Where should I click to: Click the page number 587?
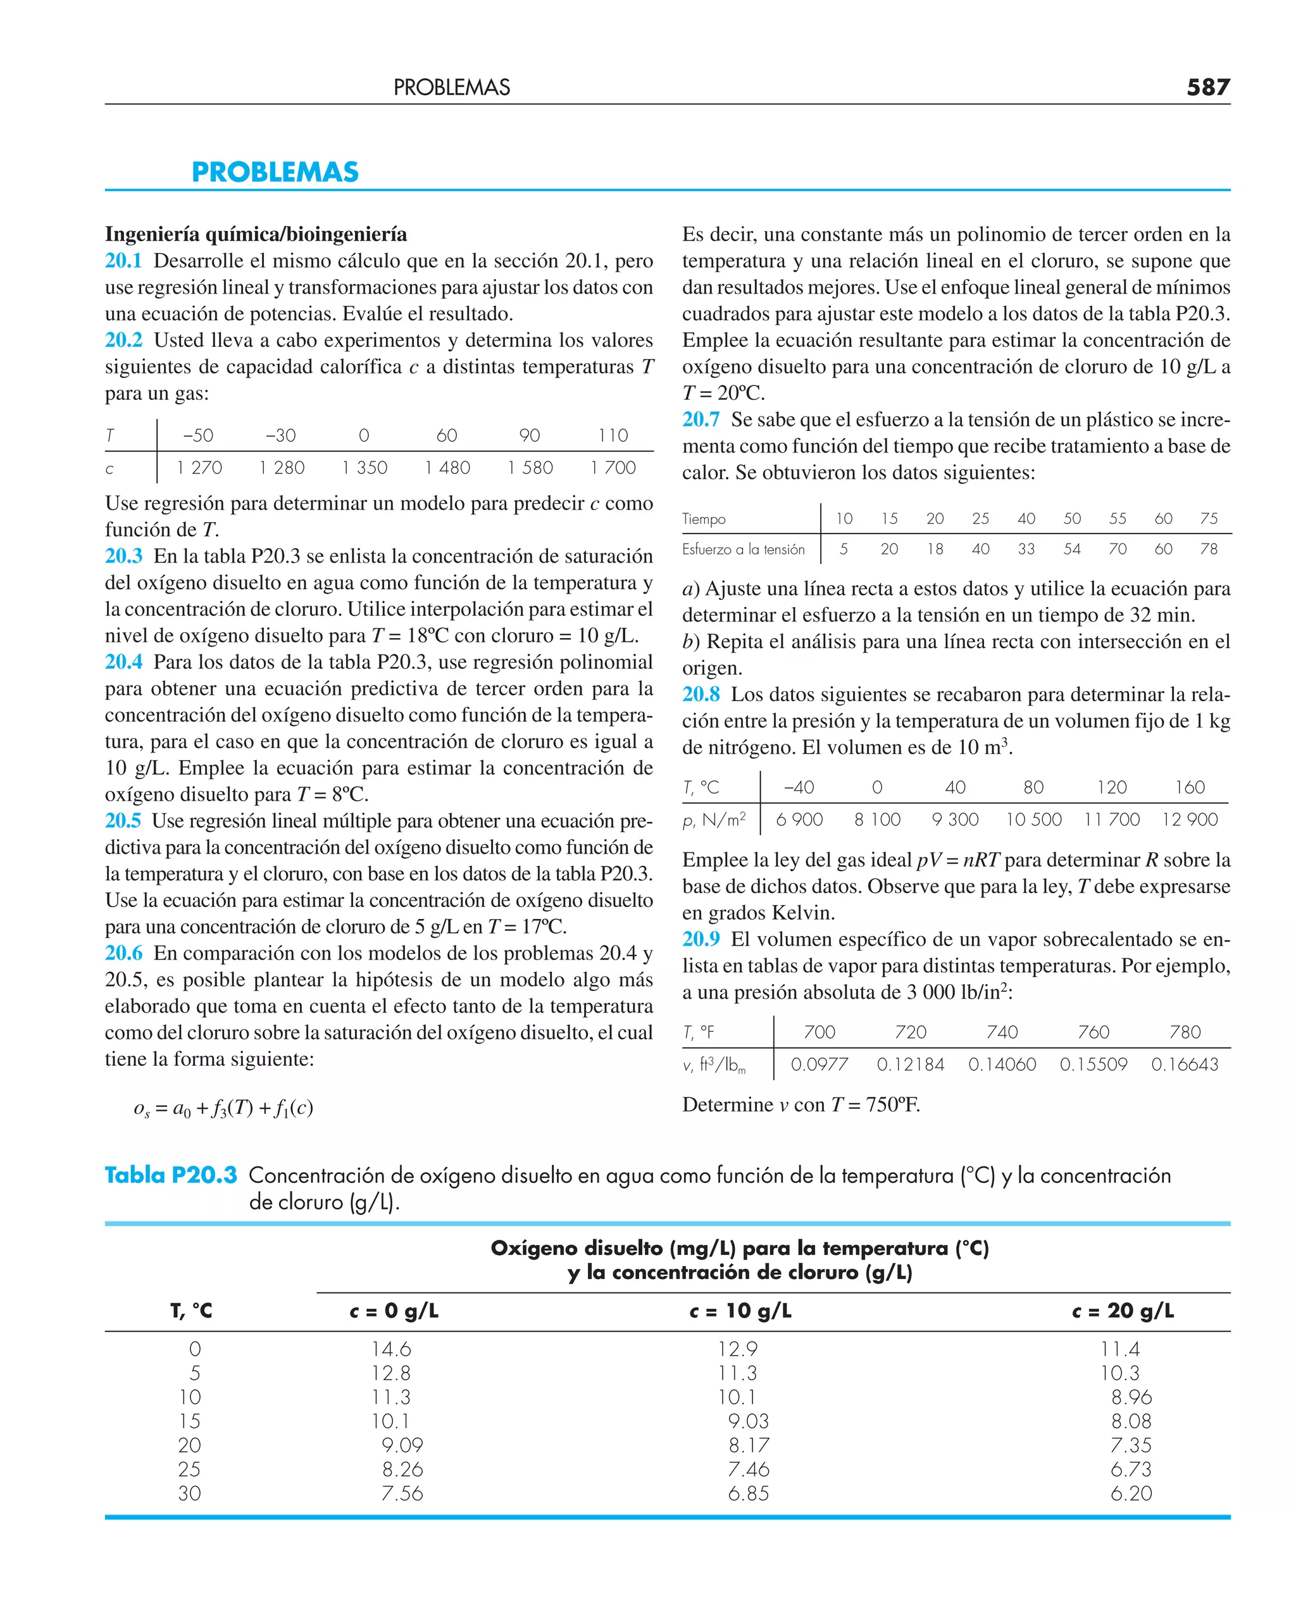[x=1207, y=87]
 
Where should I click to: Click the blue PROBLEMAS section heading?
[x=275, y=172]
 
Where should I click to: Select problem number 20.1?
[x=123, y=261]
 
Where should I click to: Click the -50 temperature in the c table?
[x=198, y=435]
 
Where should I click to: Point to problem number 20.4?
[x=123, y=662]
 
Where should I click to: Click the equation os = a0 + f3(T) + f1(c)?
[x=223, y=1108]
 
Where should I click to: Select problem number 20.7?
[x=701, y=420]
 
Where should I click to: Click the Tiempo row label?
[x=703, y=519]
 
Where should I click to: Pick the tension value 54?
[x=1071, y=549]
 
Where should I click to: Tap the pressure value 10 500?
[x=1033, y=820]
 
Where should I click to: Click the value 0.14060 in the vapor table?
[x=1002, y=1065]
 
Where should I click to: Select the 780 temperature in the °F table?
[x=1185, y=1032]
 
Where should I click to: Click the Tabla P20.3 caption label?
[x=171, y=1176]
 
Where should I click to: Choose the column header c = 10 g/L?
[x=740, y=1311]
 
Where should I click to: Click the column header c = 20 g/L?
[x=1123, y=1311]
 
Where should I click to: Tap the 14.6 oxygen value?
[x=391, y=1350]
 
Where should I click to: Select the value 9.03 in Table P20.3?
[x=749, y=1421]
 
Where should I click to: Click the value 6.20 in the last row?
[x=1131, y=1494]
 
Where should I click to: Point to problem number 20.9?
[x=701, y=939]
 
